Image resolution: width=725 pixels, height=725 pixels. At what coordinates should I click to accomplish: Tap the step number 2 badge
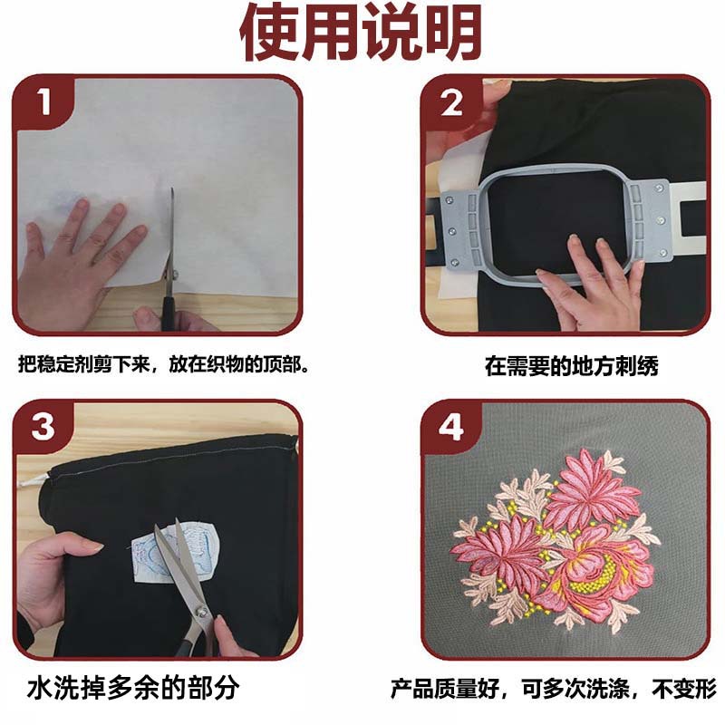[x=451, y=103]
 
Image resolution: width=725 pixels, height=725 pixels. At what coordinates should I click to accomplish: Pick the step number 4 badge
[x=451, y=426]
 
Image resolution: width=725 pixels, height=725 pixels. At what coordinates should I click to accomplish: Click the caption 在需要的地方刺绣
[x=571, y=366]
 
